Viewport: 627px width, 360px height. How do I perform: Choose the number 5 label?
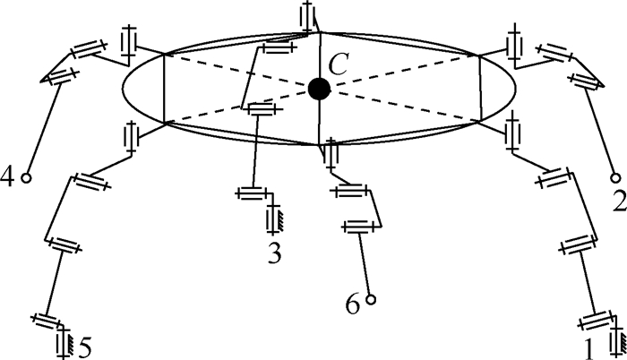click(86, 344)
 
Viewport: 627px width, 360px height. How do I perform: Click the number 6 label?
click(353, 305)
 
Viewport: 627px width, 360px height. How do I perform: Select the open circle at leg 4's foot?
click(27, 177)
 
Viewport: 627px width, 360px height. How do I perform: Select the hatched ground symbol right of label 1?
click(617, 342)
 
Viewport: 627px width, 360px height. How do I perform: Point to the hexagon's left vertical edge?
click(164, 88)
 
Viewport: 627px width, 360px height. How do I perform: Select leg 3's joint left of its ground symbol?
click(249, 193)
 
